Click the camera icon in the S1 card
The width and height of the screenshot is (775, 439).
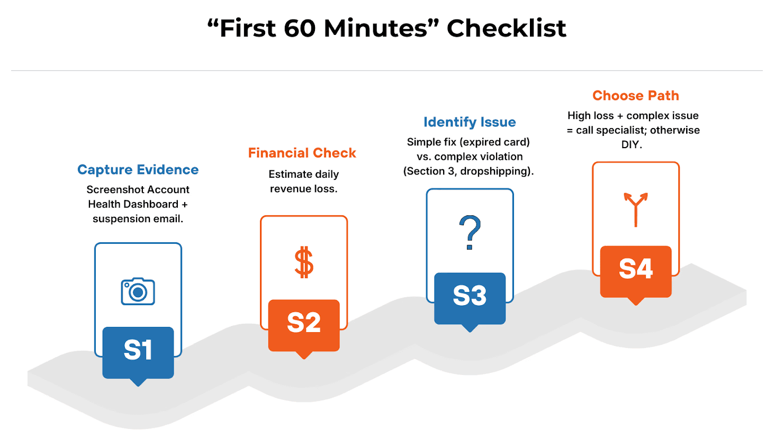click(138, 291)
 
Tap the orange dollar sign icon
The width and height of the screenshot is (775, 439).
click(304, 262)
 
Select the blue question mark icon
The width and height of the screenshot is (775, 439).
click(470, 232)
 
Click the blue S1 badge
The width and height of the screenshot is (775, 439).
click(138, 351)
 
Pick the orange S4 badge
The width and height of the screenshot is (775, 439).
click(636, 270)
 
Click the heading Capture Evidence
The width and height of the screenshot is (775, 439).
click(138, 170)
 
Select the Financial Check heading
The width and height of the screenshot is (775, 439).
click(302, 153)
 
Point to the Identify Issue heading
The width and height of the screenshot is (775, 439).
click(470, 122)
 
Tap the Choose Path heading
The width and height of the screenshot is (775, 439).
click(636, 96)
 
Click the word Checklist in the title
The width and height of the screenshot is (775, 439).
click(506, 29)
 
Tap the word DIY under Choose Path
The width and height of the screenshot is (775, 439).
click(632, 144)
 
